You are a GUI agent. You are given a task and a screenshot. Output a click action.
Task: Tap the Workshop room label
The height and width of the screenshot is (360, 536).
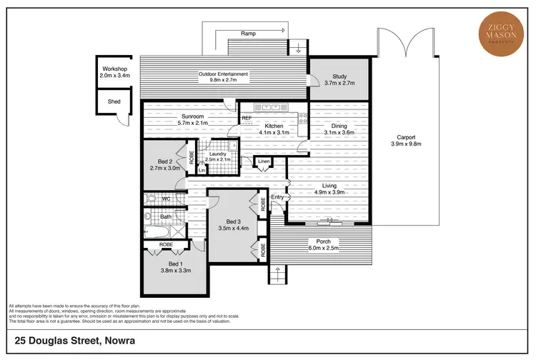tap(114, 69)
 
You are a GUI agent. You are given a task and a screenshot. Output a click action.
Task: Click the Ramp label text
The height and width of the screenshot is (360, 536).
tap(248, 33)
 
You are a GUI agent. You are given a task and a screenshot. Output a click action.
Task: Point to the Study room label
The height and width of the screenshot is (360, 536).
tap(339, 77)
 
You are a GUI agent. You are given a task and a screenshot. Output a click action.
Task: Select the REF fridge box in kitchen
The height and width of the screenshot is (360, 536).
tap(247, 119)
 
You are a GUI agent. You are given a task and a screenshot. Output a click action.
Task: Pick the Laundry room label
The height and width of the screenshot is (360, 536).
tap(214, 153)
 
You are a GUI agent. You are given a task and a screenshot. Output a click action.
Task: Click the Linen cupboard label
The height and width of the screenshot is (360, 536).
tap(264, 161)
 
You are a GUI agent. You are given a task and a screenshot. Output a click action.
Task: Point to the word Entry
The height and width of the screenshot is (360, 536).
tap(278, 197)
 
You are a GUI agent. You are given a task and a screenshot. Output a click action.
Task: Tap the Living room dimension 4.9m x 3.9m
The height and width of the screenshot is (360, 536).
tap(329, 191)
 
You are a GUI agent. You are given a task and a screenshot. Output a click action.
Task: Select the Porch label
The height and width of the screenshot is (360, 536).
tap(323, 241)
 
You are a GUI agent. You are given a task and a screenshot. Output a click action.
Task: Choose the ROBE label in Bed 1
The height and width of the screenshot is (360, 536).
tap(166, 244)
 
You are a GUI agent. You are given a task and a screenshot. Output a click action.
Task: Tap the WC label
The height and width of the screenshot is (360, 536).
tap(165, 199)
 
